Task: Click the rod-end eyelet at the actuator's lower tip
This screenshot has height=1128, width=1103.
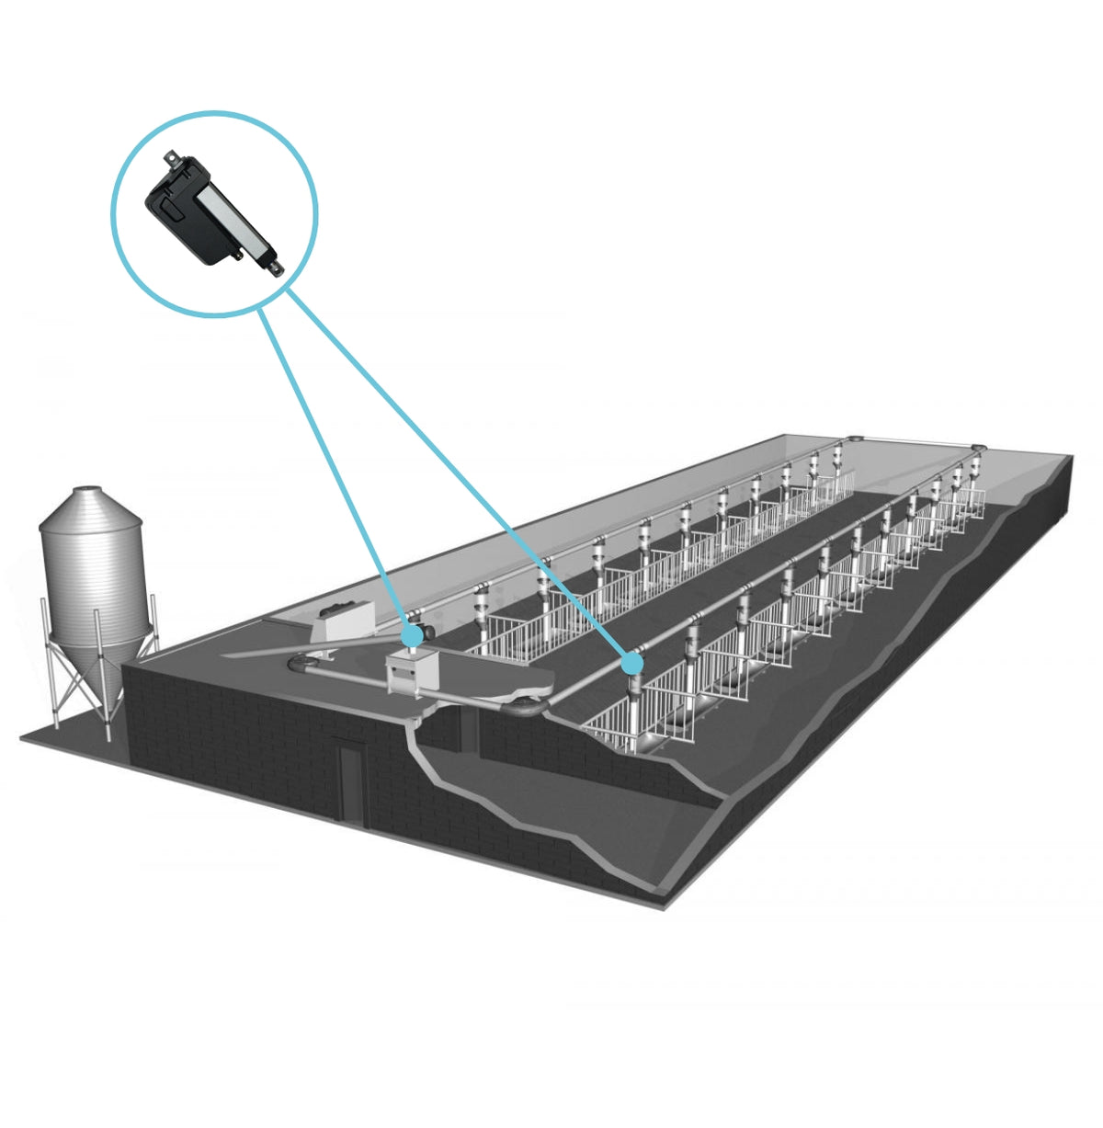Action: pyautogui.click(x=277, y=268)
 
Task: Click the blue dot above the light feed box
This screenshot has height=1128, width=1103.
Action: pyautogui.click(x=414, y=634)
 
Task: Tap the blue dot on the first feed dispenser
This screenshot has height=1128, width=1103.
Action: pyautogui.click(x=631, y=662)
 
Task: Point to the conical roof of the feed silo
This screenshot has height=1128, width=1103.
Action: pyautogui.click(x=90, y=509)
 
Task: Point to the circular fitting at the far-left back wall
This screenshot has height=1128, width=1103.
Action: pyautogui.click(x=855, y=439)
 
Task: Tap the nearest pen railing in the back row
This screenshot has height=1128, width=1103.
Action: pyautogui.click(x=510, y=639)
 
